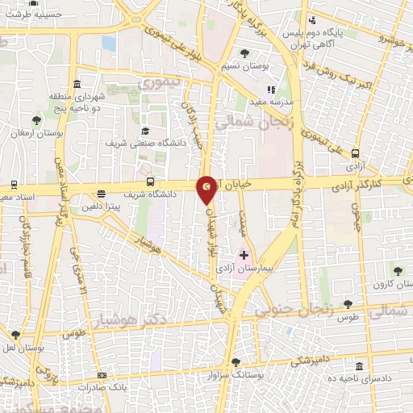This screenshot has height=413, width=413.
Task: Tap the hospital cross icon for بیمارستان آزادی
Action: tap(244, 256)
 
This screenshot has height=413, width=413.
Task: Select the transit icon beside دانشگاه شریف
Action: tap(150, 182)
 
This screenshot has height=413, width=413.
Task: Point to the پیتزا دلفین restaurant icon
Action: tap(101, 194)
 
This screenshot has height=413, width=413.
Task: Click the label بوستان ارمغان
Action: tap(36, 131)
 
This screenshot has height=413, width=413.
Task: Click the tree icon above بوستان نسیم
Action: tap(244, 53)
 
